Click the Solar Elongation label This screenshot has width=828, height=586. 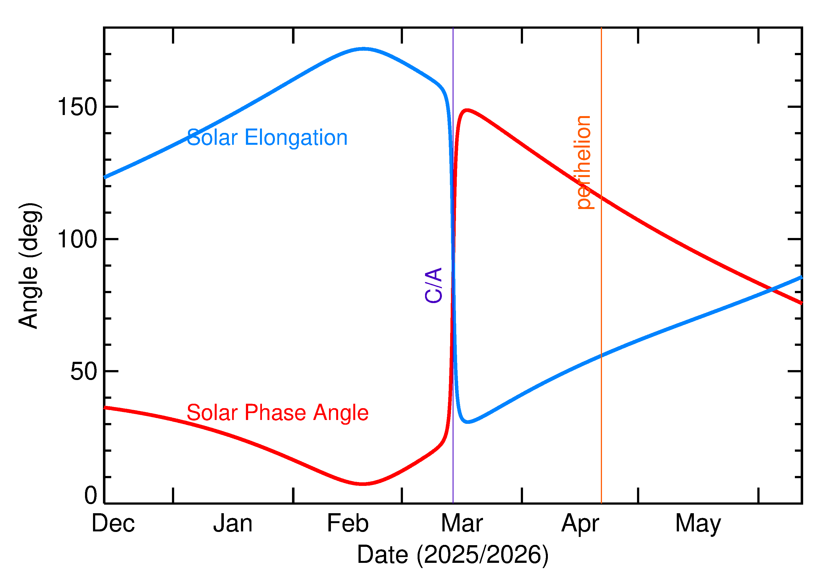pos(267,138)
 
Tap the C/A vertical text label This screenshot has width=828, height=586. pos(433,285)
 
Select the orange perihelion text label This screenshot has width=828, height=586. pos(583,162)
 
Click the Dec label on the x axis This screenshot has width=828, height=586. pos(113,524)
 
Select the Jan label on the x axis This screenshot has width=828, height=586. pos(233,524)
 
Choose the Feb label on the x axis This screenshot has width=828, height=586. pos(347,524)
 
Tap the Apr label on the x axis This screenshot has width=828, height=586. pos(580,524)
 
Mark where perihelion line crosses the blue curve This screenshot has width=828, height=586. pos(601,355)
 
